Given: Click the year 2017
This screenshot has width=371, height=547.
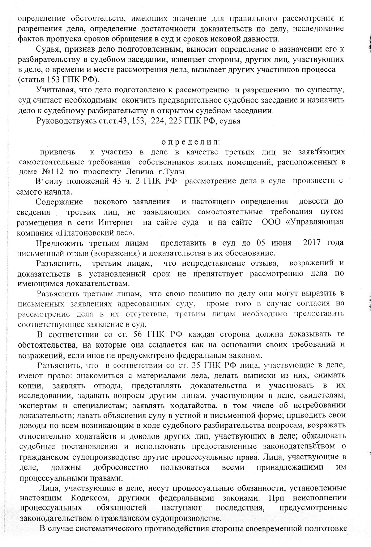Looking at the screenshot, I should click(x=313, y=243).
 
